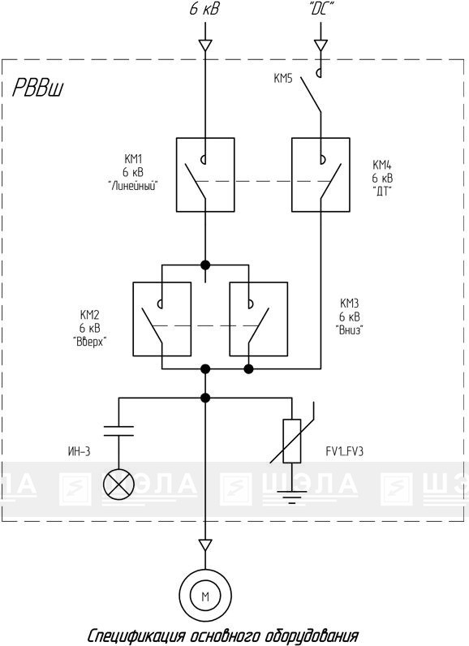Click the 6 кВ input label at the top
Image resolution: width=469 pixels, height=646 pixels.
pos(204,9)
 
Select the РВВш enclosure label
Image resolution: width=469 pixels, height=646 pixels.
pos(38,88)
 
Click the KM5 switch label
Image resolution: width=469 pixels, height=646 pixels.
pos(283,78)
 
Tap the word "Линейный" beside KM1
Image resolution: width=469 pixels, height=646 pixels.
pos(133,186)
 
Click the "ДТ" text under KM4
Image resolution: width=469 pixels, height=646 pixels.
pos(382,192)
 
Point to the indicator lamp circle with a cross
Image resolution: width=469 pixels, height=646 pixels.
pos(118,483)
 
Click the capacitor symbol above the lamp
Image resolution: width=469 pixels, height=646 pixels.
pos(118,431)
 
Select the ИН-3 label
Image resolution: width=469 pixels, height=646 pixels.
pos(79,451)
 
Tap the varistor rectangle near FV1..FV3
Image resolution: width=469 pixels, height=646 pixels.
pos(291,441)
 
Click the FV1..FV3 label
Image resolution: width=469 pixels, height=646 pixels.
pos(345,452)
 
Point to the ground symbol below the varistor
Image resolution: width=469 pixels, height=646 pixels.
pos(291,497)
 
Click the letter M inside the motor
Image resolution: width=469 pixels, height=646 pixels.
pos(205,596)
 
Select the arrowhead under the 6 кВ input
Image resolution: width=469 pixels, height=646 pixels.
pos(205,45)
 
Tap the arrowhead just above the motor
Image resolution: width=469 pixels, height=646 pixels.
pos(205,545)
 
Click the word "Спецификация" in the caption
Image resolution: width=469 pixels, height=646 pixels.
pos(136,635)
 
